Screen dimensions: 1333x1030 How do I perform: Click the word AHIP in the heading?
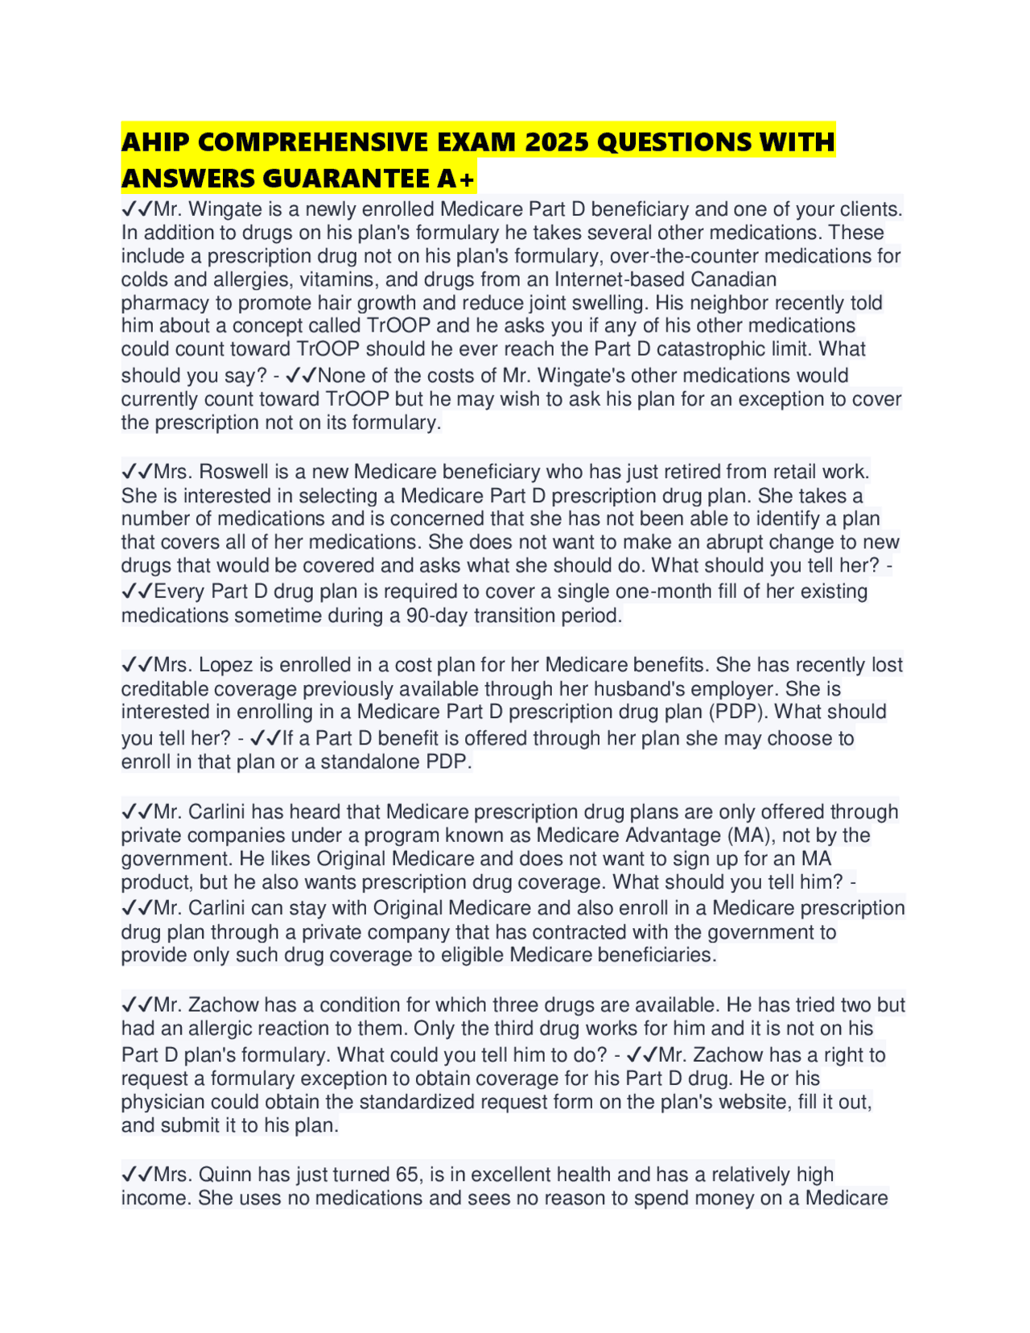coord(155,142)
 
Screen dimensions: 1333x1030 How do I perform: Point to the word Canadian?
coord(730,279)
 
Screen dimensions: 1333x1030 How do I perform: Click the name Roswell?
coord(223,471)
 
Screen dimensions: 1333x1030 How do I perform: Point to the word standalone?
coord(369,761)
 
